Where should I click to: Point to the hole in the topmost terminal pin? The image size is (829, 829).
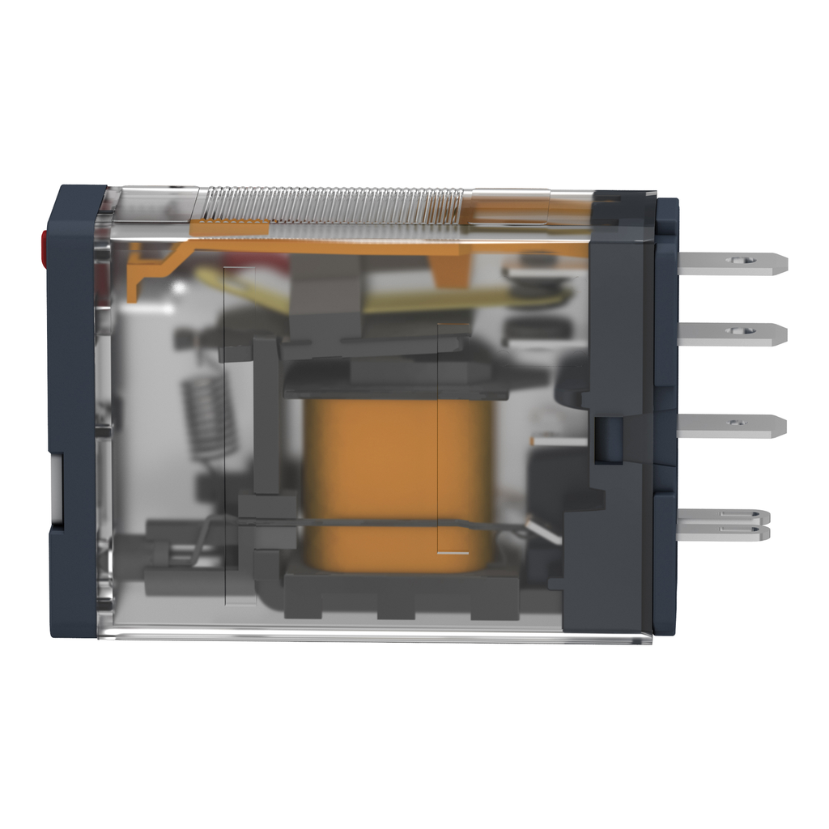(x=738, y=261)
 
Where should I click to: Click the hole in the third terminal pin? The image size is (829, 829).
(x=735, y=423)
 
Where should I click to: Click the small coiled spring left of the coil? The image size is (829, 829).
(x=208, y=417)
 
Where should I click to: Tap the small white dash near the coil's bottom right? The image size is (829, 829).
(x=453, y=554)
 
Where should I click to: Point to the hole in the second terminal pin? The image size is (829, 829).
(x=737, y=331)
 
